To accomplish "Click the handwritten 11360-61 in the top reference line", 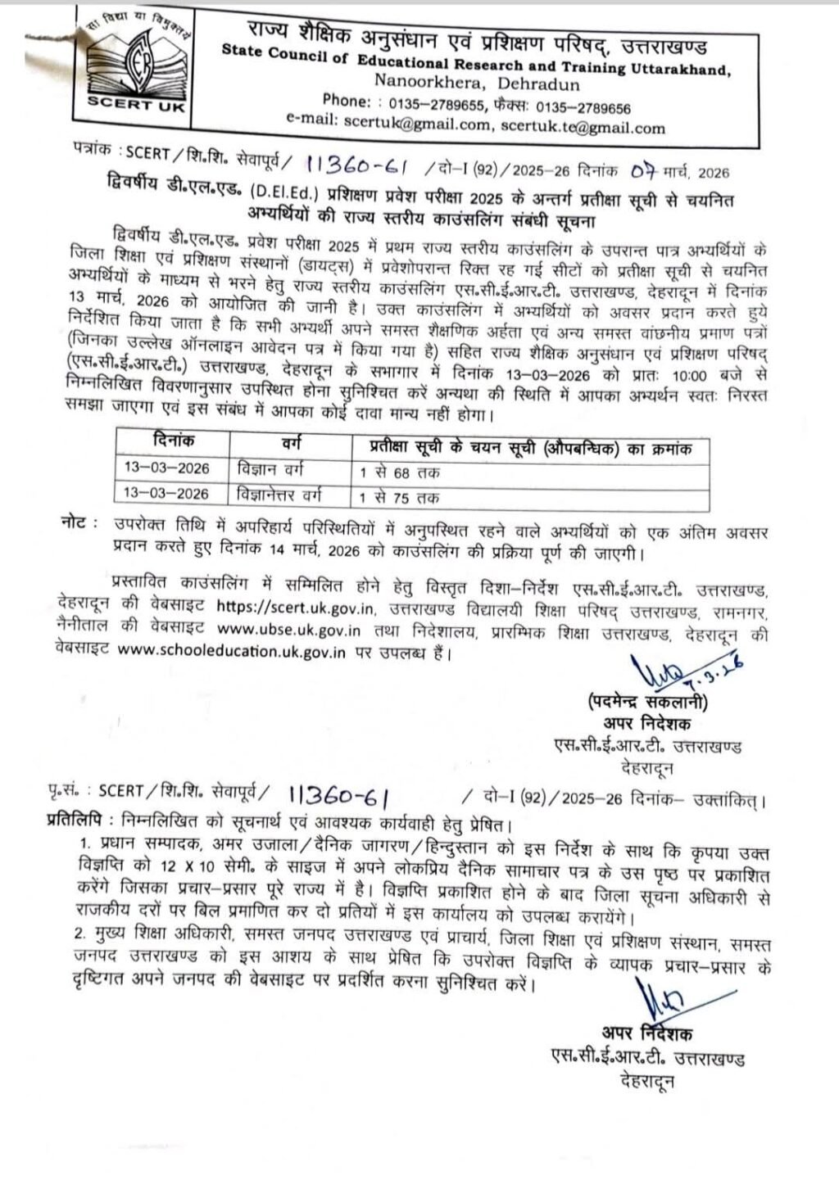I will [356, 166].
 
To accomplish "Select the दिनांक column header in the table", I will [174, 443].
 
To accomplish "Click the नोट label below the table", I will [79, 522].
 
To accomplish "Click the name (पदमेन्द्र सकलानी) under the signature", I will [647, 703].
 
